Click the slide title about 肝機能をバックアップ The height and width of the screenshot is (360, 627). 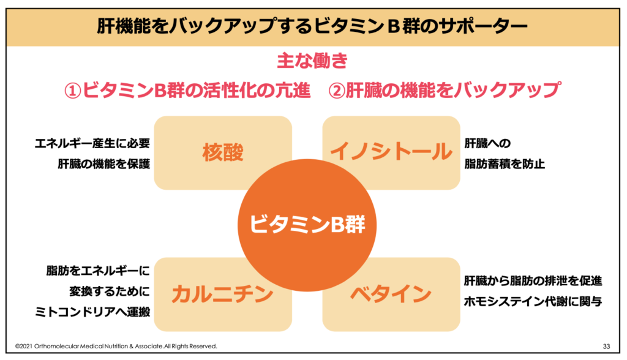[312, 26]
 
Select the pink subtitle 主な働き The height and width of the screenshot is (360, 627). [312, 61]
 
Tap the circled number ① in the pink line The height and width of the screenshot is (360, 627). [73, 91]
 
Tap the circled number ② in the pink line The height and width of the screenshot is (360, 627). [337, 91]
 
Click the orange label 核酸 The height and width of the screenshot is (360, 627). [223, 152]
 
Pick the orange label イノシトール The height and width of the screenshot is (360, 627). [391, 152]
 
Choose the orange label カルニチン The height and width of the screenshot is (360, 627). [223, 294]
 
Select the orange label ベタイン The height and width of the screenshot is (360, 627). [391, 294]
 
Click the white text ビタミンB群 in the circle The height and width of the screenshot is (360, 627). [307, 224]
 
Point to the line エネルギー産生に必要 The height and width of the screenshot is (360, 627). [92, 143]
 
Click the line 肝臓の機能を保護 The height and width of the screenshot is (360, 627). [104, 163]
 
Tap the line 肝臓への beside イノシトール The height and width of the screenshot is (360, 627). [487, 143]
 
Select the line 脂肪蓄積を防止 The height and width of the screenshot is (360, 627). [505, 163]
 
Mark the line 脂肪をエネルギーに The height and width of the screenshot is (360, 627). [98, 271]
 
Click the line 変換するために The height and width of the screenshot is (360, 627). [110, 291]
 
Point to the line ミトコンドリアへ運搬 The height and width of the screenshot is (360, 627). [92, 312]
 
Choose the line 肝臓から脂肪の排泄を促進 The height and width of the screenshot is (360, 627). [533, 281]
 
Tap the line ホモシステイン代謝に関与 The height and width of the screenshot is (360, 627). [533, 301]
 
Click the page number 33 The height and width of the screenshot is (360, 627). [607, 347]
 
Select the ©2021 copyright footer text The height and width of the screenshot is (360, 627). [116, 347]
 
